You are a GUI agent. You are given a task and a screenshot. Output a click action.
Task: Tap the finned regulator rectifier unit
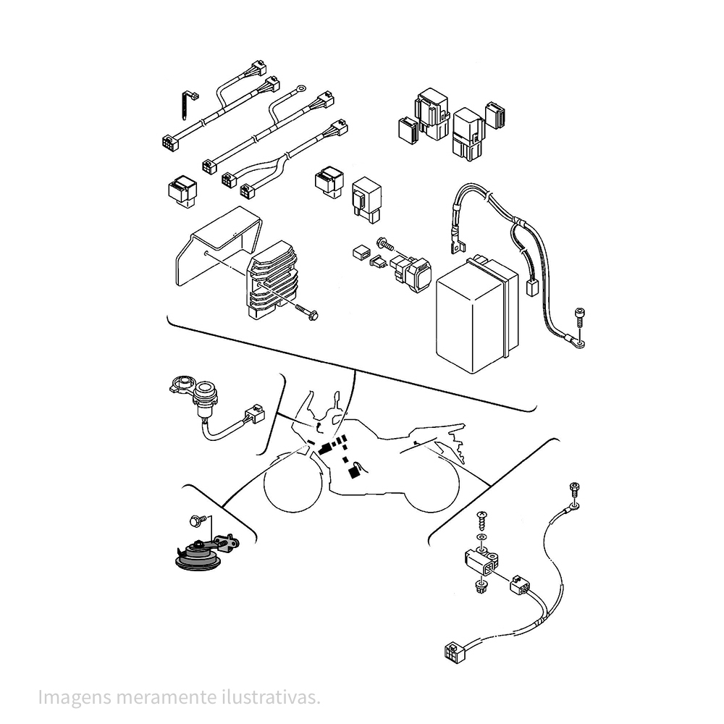click(x=272, y=281)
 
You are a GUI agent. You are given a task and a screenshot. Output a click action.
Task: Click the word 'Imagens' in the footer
click(x=75, y=698)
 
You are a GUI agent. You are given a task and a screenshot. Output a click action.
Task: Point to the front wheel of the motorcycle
click(x=292, y=483)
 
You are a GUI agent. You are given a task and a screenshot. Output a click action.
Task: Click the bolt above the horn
click(x=195, y=521)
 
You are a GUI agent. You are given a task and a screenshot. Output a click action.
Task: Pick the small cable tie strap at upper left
click(x=187, y=105)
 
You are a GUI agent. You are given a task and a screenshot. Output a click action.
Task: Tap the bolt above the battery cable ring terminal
click(x=579, y=317)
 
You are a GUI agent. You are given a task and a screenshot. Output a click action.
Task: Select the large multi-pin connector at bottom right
click(x=455, y=652)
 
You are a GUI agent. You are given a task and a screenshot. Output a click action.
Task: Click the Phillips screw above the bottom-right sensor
click(x=482, y=518)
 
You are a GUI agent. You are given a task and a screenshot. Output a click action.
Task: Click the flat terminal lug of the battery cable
click(x=457, y=245)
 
